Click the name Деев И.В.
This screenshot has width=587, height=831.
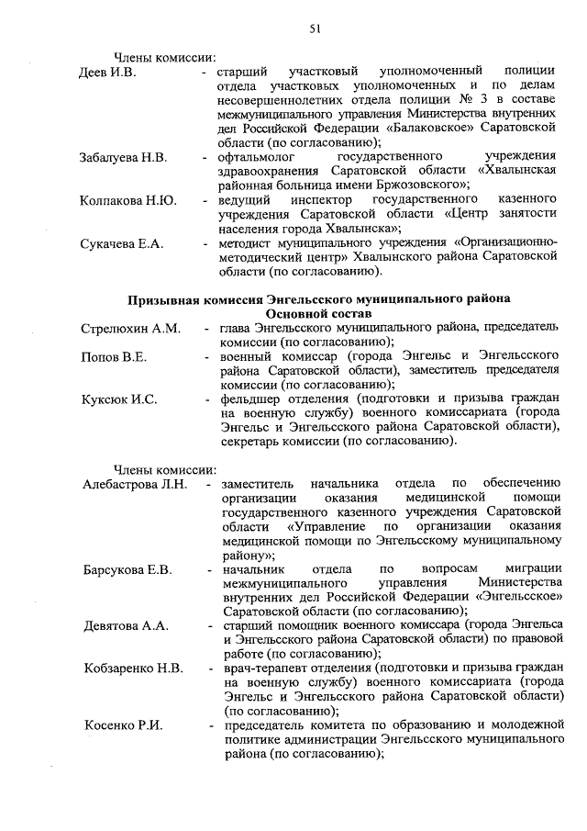[x=107, y=72]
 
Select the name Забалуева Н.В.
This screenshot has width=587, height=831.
[x=123, y=159]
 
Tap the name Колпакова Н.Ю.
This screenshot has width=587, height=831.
[x=127, y=200]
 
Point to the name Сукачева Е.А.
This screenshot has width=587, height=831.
[x=121, y=243]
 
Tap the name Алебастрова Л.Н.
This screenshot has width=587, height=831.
[x=135, y=485]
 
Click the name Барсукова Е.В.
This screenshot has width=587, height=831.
[x=127, y=571]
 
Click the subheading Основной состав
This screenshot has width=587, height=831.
[x=318, y=314]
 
